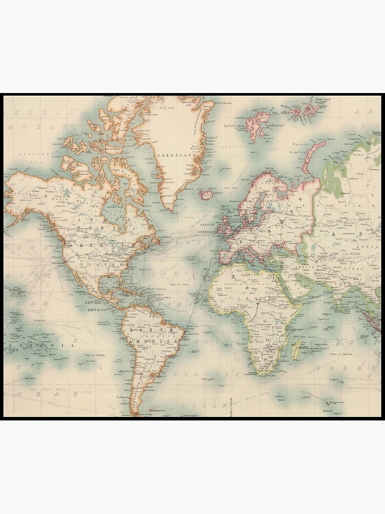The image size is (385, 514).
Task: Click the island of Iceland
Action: coord(206,195)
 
